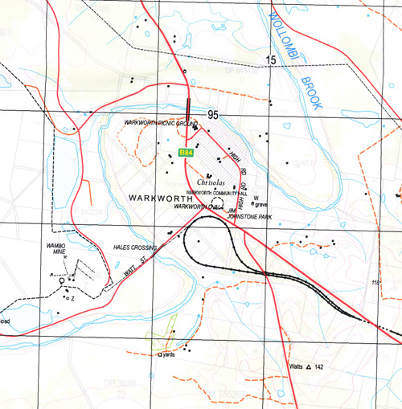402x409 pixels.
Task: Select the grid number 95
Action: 212,115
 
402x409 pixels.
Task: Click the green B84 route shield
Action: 186,153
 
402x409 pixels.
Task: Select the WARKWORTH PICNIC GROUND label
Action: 161,124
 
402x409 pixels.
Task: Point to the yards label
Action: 168,354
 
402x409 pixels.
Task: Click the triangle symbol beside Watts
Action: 308,367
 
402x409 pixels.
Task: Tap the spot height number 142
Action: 319,367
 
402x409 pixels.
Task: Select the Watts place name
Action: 296,367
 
